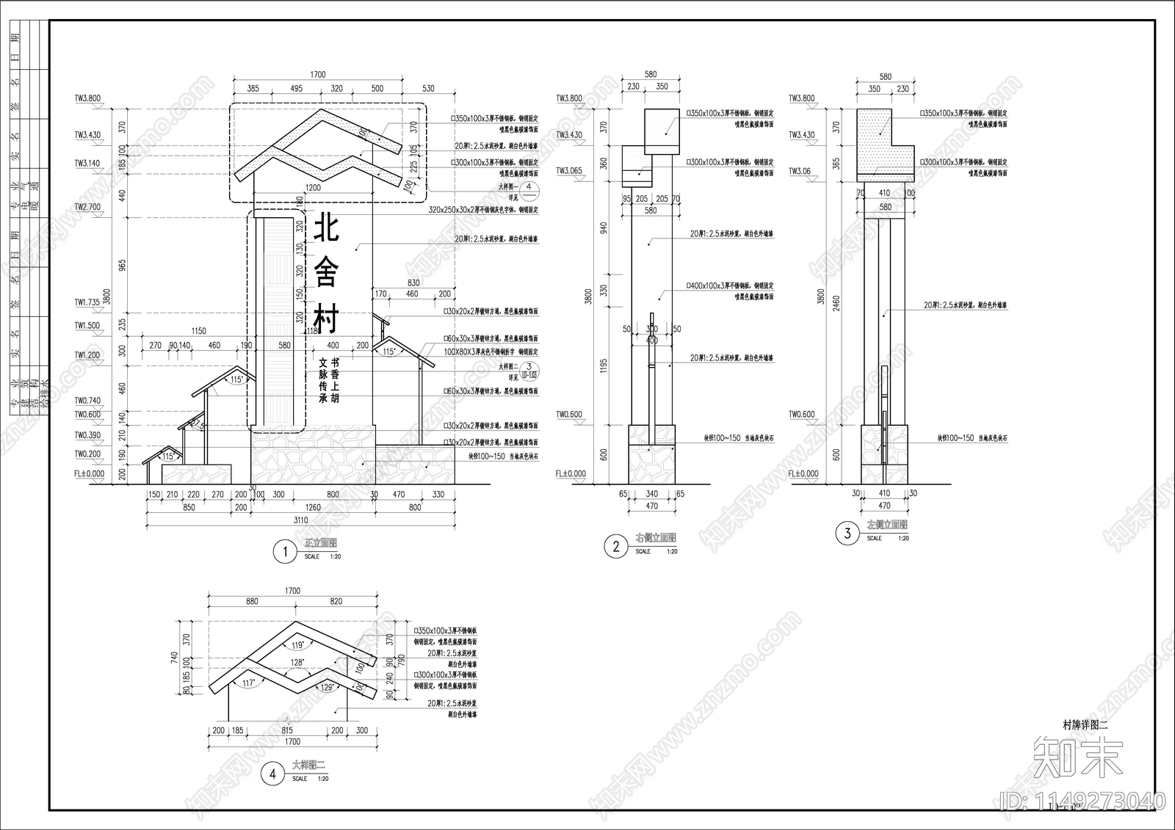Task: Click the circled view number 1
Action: (x=284, y=552)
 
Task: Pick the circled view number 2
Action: (x=615, y=546)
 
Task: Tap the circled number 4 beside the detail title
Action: (x=272, y=773)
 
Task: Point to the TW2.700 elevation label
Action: (x=87, y=207)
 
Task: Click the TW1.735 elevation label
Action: (x=87, y=302)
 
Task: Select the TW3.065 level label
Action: (x=568, y=171)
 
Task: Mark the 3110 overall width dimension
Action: (x=301, y=520)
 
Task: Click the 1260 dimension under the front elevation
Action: (x=313, y=507)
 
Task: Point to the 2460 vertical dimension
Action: (x=836, y=304)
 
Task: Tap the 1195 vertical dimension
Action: (x=604, y=367)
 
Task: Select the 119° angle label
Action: (x=297, y=646)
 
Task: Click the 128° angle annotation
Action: (x=297, y=662)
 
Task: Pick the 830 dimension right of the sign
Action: (x=413, y=283)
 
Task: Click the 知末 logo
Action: (x=1077, y=757)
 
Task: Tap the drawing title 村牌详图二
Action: (x=1085, y=724)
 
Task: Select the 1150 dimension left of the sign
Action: (x=198, y=331)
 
